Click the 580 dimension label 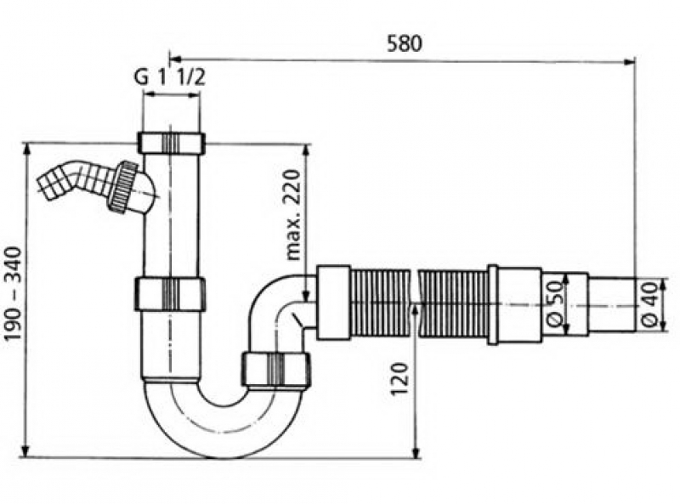[x=405, y=44]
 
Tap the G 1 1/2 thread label [x=169, y=78]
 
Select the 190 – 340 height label [x=13, y=293]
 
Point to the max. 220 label [x=293, y=215]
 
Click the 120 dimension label [x=400, y=378]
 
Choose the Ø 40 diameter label [x=649, y=303]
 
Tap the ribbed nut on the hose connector [x=122, y=186]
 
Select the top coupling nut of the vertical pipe [x=172, y=142]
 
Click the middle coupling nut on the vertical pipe [x=170, y=294]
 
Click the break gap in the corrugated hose [x=415, y=303]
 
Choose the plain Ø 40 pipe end [x=612, y=305]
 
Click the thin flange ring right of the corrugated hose [x=493, y=304]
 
